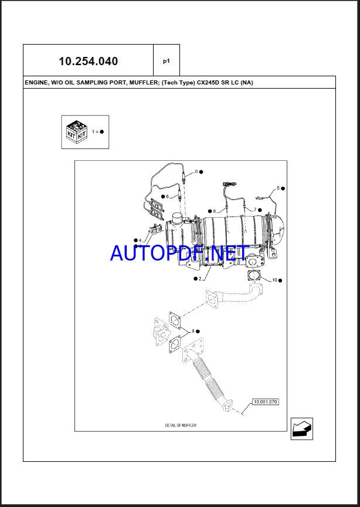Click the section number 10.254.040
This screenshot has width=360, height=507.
coord(88,61)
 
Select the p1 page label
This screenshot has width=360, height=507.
coord(166,60)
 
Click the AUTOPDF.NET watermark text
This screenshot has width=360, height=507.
coord(179,253)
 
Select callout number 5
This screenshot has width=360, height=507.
coord(279,188)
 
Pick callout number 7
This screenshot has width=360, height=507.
coord(254,209)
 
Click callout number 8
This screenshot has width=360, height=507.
coord(215,211)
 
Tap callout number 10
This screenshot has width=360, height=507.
coord(274,280)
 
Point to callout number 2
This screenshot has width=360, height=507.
coord(200,279)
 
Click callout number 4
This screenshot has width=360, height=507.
coord(140,240)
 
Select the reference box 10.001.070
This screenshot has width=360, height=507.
coord(266,403)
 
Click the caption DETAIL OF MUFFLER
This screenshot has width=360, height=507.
coord(181,424)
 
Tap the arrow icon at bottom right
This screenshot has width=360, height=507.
coord(302,427)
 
